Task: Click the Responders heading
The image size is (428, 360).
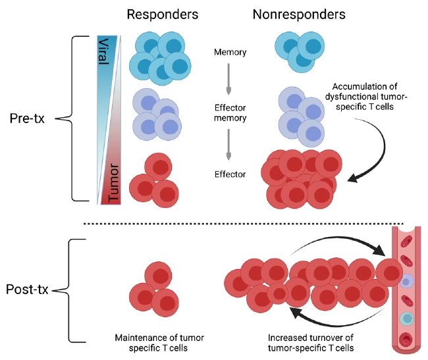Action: [x=163, y=14]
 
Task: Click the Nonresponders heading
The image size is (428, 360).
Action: [x=299, y=14]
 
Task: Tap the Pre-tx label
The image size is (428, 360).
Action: [x=27, y=118]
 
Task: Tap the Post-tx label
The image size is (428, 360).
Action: [x=27, y=290]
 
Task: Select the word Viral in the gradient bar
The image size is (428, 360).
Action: [x=104, y=51]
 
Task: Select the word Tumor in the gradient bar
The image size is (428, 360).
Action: [x=113, y=183]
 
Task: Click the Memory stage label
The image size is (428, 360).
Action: [x=230, y=52]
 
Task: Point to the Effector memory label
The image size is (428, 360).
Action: [x=230, y=113]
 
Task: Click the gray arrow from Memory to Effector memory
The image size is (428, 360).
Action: [x=228, y=79]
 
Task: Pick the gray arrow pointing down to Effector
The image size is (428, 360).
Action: [x=228, y=145]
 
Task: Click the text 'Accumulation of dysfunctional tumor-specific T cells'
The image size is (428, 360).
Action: [x=365, y=97]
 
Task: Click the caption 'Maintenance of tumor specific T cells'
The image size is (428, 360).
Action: [x=159, y=343]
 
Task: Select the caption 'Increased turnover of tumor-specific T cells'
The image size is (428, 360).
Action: [x=311, y=343]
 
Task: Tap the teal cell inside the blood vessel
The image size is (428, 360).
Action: [x=407, y=319]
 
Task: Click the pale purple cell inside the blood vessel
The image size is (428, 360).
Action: [x=407, y=281]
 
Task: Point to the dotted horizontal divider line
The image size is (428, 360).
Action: [x=244, y=224]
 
